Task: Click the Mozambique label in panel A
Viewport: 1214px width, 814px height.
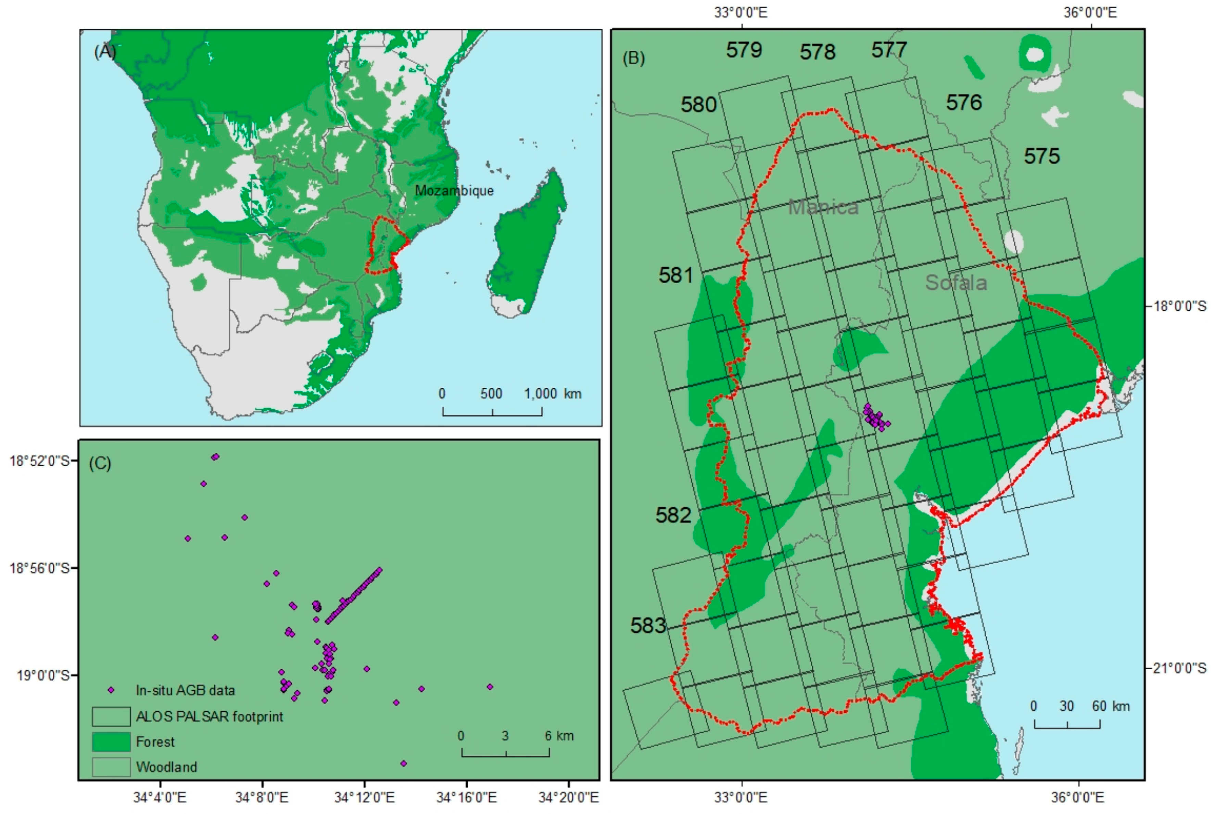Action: pyautogui.click(x=454, y=191)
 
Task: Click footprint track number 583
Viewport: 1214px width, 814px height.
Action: pyautogui.click(x=648, y=625)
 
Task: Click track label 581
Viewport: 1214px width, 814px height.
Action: pyautogui.click(x=675, y=275)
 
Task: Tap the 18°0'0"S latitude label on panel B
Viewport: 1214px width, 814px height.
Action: pyautogui.click(x=1179, y=306)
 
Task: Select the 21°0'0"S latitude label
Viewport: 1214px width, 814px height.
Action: pyautogui.click(x=1179, y=668)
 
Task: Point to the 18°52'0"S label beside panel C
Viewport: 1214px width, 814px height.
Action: pyautogui.click(x=39, y=461)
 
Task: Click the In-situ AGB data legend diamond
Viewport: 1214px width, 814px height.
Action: pyautogui.click(x=111, y=690)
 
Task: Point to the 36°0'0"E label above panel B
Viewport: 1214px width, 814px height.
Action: pyautogui.click(x=1089, y=12)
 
